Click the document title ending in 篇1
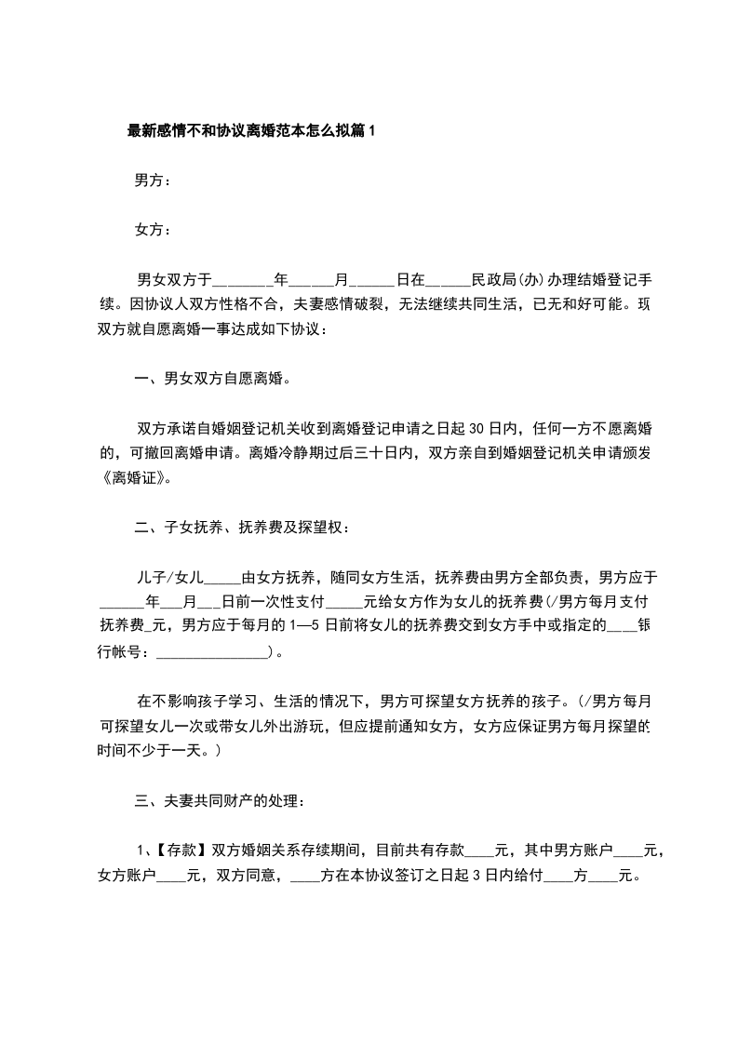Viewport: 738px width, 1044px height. pos(251,131)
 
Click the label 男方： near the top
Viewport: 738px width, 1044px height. pos(153,180)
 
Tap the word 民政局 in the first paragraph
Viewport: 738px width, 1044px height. pos(494,278)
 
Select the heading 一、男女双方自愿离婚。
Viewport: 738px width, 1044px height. pos(213,379)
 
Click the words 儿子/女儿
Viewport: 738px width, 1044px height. pos(168,578)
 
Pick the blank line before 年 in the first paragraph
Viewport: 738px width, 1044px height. pos(244,278)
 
